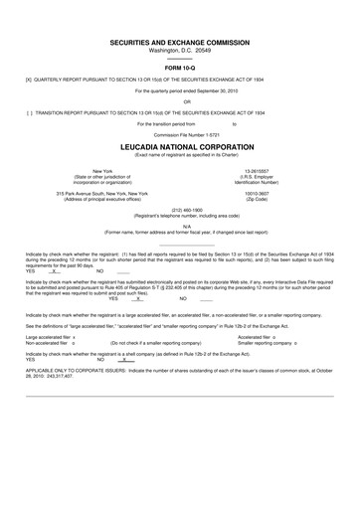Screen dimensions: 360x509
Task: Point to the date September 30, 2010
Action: [x=210, y=88]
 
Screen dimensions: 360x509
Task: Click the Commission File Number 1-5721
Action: [x=179, y=135]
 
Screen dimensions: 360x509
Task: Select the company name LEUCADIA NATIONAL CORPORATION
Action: [x=179, y=146]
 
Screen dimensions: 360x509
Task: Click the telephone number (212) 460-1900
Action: [x=180, y=210]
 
